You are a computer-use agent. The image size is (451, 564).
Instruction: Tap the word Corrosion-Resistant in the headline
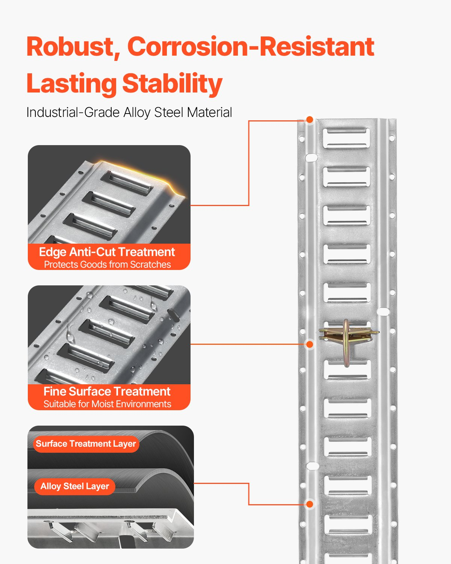[x=251, y=47]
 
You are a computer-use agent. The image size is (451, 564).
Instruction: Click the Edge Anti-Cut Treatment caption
[x=107, y=252]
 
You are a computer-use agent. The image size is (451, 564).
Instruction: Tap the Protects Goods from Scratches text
[x=107, y=265]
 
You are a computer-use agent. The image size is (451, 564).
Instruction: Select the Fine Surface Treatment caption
[x=107, y=391]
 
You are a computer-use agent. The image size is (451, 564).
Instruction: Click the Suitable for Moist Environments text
[x=107, y=404]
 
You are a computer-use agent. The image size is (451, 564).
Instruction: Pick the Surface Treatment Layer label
[x=86, y=444]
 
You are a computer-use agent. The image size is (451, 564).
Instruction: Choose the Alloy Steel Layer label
[x=75, y=487]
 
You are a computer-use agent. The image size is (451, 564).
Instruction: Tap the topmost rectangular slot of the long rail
[x=347, y=138]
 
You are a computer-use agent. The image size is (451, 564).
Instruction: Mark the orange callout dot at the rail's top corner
[x=310, y=120]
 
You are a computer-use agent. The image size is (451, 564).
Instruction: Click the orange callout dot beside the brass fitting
[x=310, y=344]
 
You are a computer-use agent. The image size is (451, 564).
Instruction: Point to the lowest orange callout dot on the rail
[x=310, y=504]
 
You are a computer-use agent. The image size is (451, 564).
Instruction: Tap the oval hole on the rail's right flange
[x=383, y=312]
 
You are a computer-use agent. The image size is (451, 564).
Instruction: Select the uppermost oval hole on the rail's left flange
[x=311, y=158]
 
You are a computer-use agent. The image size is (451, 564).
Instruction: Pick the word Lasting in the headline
[x=71, y=84]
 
